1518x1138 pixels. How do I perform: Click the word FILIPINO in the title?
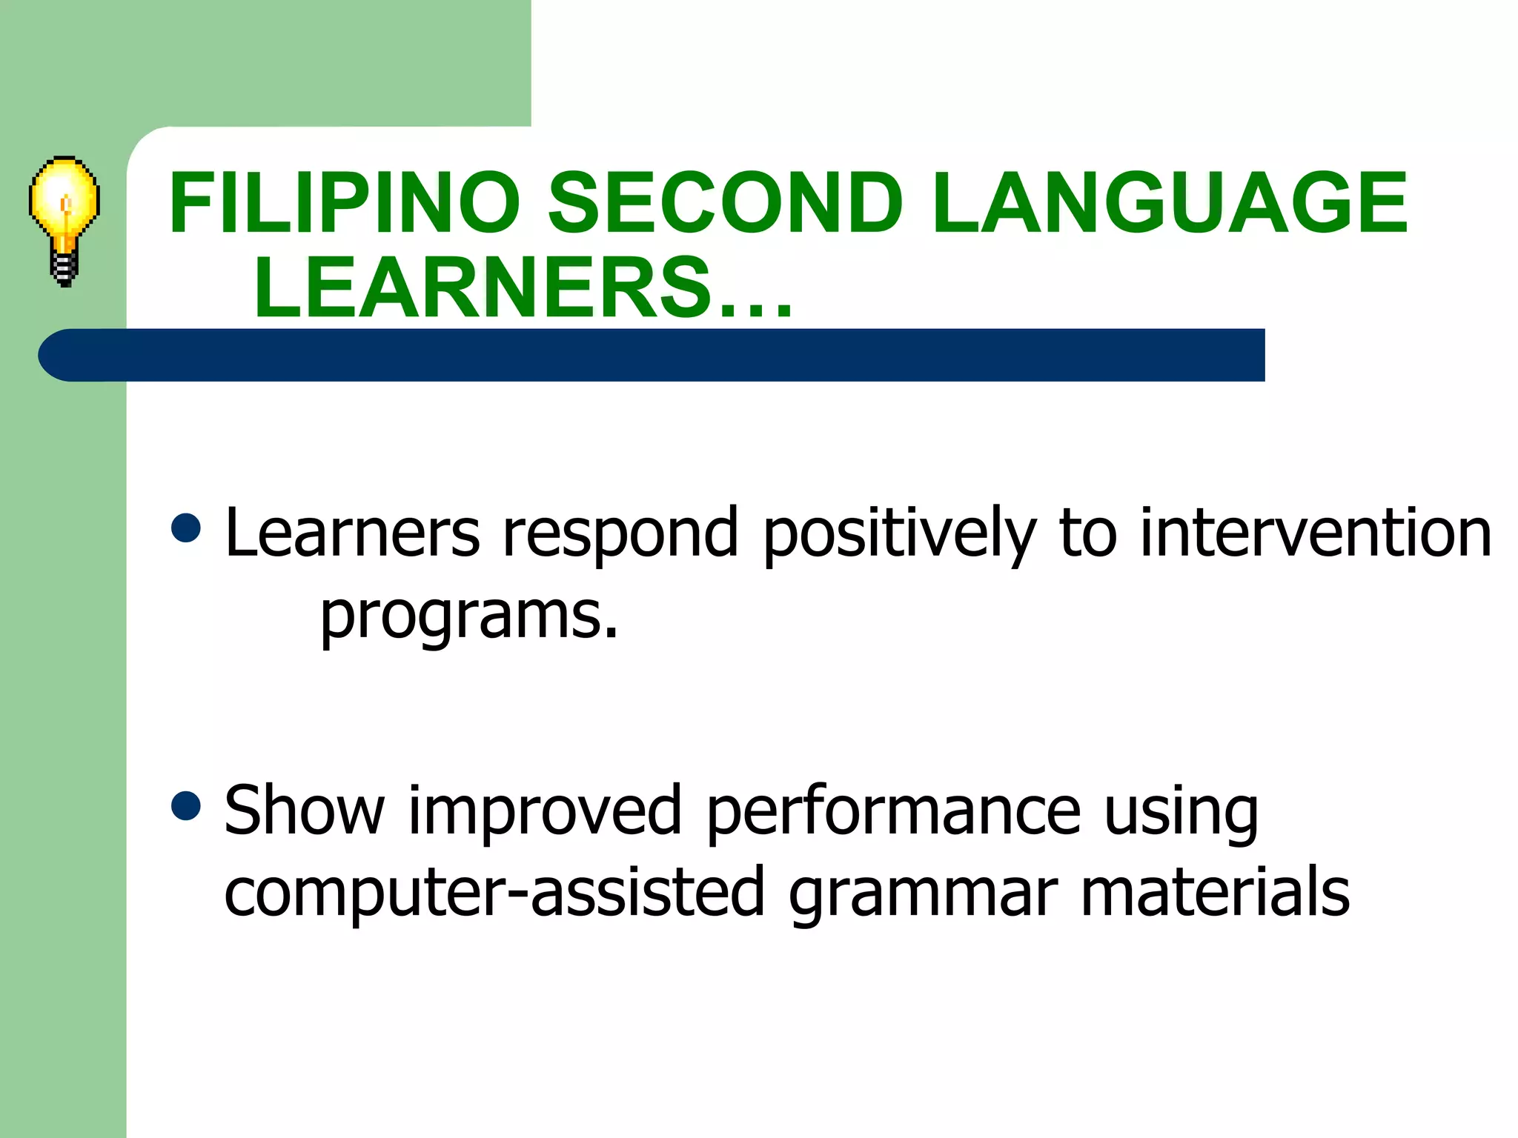345,202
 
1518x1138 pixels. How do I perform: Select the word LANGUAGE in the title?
1170,202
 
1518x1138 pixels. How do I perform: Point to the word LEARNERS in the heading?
482,287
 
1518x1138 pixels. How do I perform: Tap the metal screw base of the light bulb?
64,268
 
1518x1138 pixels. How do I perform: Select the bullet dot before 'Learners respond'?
185,528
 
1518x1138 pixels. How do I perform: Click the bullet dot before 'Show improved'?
185,805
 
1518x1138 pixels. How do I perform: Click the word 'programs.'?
468,616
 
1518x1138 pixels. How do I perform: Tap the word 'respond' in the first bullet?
620,533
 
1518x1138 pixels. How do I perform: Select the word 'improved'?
545,811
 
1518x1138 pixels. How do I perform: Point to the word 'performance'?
893,811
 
